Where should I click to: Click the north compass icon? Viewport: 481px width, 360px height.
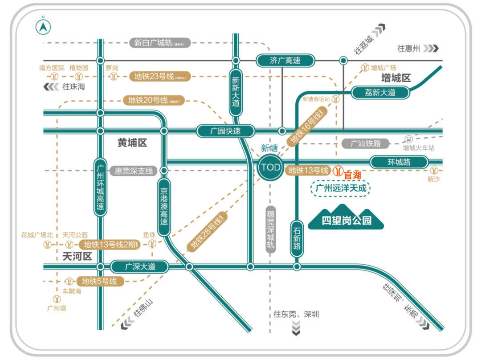(43, 26)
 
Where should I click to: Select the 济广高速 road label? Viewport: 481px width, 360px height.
(285, 60)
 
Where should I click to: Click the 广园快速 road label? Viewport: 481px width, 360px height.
(226, 131)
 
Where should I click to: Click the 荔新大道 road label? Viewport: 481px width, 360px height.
(380, 93)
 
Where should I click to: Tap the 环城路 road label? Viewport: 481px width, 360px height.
(399, 162)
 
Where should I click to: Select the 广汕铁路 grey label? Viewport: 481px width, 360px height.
(366, 143)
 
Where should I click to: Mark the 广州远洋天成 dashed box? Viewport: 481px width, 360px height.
(340, 188)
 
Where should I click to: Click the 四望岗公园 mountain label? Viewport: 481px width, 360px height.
(346, 220)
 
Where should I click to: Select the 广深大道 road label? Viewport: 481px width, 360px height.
(140, 267)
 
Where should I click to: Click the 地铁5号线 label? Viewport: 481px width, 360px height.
(99, 282)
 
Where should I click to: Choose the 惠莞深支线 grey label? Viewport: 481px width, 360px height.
(134, 171)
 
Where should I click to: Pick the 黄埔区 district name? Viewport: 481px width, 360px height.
(132, 143)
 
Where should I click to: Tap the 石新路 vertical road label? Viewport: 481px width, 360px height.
(297, 238)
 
